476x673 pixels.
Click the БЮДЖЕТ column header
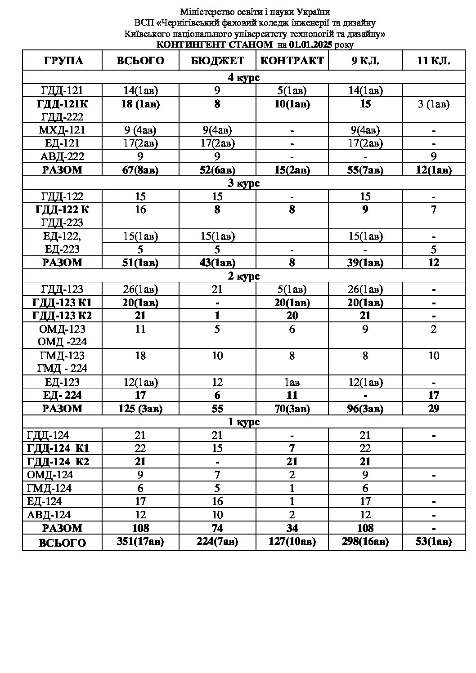point(217,61)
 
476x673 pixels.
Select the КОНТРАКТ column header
point(292,61)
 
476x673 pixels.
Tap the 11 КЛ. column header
point(433,61)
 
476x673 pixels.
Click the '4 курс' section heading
point(243,77)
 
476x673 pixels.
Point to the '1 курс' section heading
point(243,422)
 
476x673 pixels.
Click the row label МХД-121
point(63,130)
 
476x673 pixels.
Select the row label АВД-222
point(63,156)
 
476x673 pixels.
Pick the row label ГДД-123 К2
point(63,316)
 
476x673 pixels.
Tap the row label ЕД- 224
point(63,395)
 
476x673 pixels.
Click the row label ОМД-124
point(50,475)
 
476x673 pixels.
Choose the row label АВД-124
point(49,515)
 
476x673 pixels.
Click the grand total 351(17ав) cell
point(140,542)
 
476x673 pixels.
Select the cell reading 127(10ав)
point(292,542)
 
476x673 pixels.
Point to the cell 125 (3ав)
point(140,409)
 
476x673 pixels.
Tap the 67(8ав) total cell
point(140,170)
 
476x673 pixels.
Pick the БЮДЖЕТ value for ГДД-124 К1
point(217,448)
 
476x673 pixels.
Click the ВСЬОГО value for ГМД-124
point(140,488)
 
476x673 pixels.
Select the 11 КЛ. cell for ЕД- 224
point(433,395)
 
